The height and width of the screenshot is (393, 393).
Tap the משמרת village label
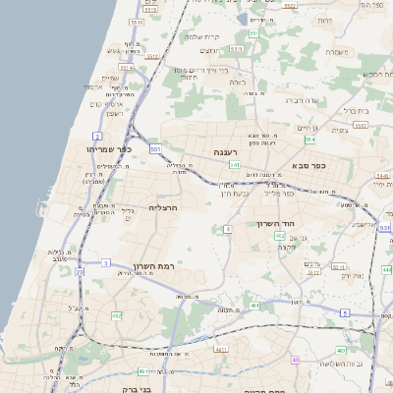336,51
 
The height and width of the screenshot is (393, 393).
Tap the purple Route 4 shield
228,228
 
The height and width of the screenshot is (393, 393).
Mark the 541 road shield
235,164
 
